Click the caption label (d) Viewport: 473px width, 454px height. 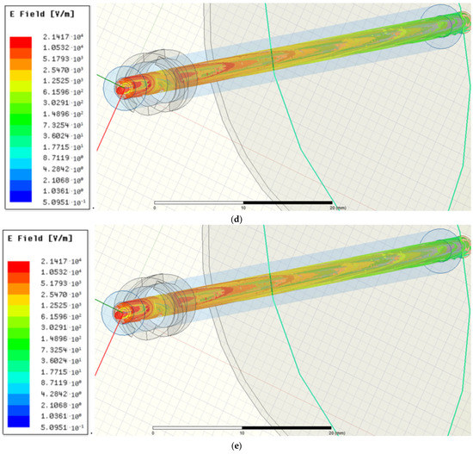point(236,219)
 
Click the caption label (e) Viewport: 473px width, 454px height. point(236,446)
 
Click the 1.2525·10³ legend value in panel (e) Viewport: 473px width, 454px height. point(55,318)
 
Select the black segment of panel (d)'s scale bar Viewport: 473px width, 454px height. point(288,202)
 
